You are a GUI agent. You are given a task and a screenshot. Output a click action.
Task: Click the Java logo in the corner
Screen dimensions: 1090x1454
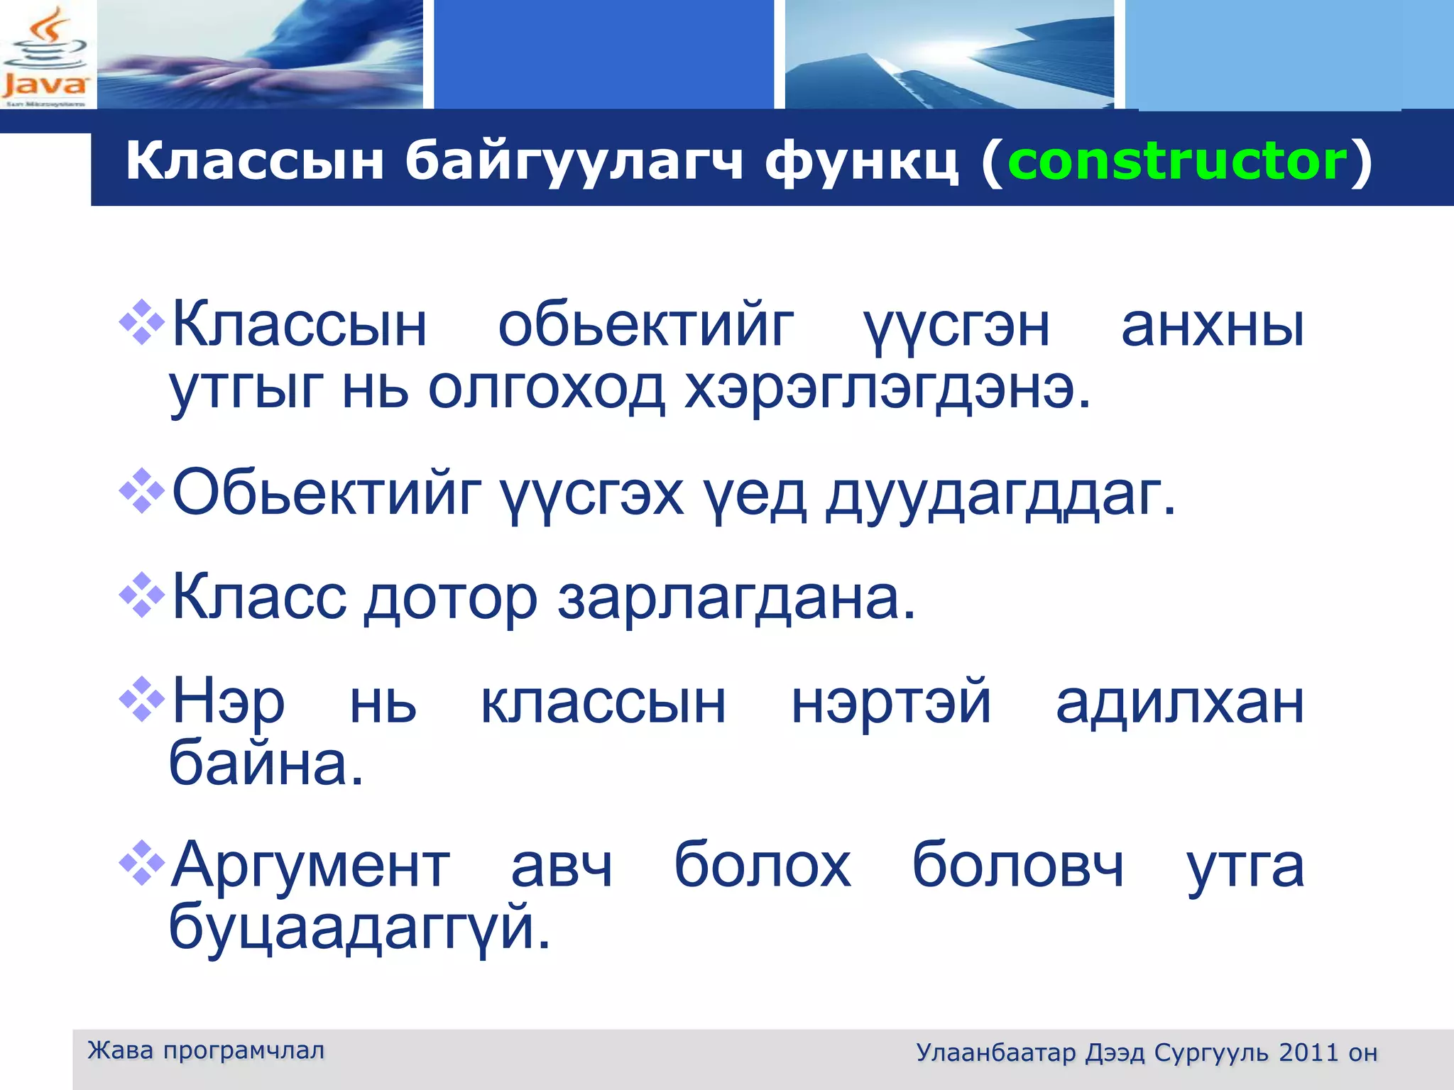click(45, 55)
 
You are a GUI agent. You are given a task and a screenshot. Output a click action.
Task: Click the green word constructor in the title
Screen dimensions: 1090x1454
click(1177, 161)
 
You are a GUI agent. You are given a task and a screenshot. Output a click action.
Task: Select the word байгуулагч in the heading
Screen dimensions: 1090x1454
click(574, 161)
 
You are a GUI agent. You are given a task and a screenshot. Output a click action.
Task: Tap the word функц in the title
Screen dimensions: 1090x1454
click(861, 161)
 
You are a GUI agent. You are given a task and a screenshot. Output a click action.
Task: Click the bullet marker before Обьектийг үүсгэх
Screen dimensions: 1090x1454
click(142, 491)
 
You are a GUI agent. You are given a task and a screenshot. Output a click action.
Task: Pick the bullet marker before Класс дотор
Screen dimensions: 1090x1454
click(142, 595)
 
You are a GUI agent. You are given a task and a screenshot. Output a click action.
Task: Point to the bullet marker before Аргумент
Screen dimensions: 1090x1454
click(142, 863)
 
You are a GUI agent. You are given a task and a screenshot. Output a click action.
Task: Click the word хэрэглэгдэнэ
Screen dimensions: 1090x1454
click(887, 390)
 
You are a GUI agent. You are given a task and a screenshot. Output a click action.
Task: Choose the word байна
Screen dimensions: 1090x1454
click(266, 764)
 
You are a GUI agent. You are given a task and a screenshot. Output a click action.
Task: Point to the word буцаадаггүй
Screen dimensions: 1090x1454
click(359, 927)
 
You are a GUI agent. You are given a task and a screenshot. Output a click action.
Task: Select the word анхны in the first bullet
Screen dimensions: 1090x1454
click(1213, 327)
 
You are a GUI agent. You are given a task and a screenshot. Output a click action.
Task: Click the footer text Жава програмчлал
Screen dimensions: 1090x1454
click(206, 1050)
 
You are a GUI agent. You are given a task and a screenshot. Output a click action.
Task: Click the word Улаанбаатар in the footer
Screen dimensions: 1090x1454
click(995, 1052)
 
